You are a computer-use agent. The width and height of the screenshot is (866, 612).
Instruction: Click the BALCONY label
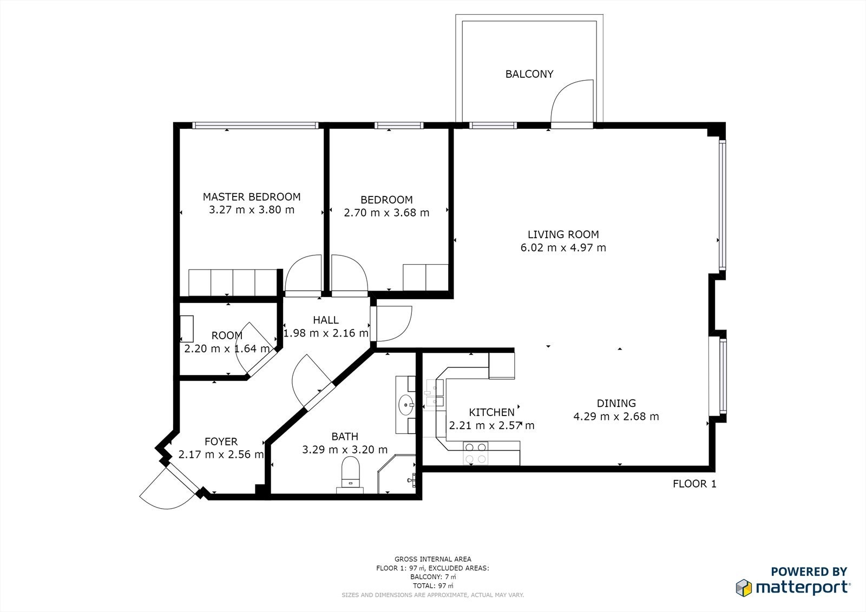pyautogui.click(x=529, y=74)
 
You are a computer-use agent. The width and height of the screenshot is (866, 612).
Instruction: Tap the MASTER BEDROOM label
pyautogui.click(x=252, y=197)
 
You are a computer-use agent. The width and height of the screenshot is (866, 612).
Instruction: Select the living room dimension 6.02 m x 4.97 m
pyautogui.click(x=563, y=247)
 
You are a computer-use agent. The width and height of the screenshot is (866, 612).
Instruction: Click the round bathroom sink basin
pyautogui.click(x=406, y=405)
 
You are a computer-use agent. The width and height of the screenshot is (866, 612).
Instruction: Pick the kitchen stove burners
pyautogui.click(x=476, y=453)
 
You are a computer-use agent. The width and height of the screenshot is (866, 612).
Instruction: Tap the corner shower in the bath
pyautogui.click(x=397, y=474)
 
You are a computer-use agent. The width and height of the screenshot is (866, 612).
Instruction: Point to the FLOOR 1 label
pyautogui.click(x=694, y=484)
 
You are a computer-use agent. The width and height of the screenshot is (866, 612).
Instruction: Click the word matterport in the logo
pyautogui.click(x=803, y=588)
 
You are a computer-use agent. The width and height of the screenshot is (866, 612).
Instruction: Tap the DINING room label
pyautogui.click(x=616, y=403)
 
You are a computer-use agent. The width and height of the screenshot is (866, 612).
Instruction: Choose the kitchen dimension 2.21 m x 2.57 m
pyautogui.click(x=492, y=425)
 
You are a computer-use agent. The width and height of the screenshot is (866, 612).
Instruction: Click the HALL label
pyautogui.click(x=326, y=320)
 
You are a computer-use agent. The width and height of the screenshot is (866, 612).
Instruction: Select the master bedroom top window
pyautogui.click(x=255, y=125)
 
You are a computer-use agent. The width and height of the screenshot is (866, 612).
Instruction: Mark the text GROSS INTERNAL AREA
pyautogui.click(x=432, y=559)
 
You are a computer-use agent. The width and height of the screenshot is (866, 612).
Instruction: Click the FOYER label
pyautogui.click(x=221, y=442)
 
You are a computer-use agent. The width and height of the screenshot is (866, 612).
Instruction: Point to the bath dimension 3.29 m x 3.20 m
pyautogui.click(x=345, y=450)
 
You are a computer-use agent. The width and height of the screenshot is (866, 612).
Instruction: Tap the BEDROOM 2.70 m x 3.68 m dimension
pyautogui.click(x=386, y=213)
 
